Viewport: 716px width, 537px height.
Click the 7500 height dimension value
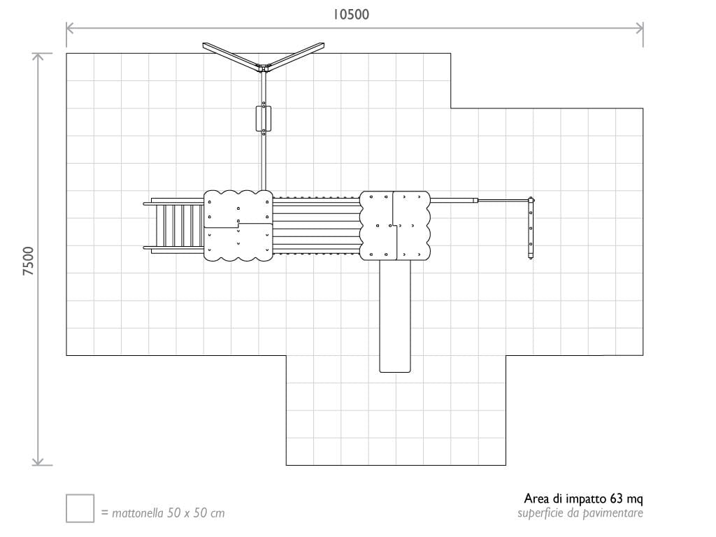point(28,261)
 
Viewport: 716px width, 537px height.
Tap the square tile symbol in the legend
point(80,508)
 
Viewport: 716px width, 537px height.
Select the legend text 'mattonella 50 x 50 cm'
point(163,513)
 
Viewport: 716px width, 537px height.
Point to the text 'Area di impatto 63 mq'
point(583,499)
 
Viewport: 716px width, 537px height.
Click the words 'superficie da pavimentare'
point(580,513)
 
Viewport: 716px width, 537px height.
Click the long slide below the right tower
point(395,315)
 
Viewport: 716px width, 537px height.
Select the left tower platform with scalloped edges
point(238,225)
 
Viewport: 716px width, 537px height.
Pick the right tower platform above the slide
point(395,225)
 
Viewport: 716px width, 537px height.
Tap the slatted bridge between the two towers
point(315,225)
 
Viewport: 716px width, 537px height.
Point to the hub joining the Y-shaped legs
point(264,68)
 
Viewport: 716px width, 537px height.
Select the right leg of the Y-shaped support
point(297,55)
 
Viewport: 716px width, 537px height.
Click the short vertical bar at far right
point(531,228)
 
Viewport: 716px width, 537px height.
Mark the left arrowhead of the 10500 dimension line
point(69,28)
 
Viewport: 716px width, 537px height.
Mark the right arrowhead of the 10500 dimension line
point(641,28)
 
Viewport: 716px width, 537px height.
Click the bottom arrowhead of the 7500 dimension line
point(38,462)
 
